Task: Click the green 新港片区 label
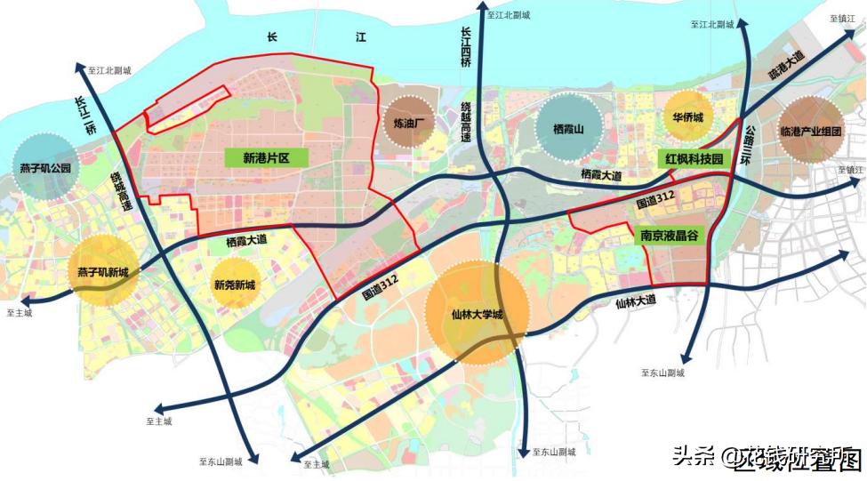[267, 158]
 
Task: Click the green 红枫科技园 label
[694, 158]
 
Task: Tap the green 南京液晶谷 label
[668, 236]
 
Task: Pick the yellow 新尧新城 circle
[234, 285]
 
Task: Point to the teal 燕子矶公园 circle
[44, 167]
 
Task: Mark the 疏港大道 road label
[786, 62]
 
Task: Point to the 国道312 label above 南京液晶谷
[654, 204]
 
